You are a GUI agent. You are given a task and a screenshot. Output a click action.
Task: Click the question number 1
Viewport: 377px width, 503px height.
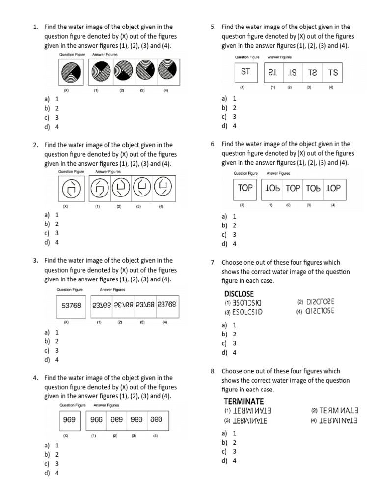35,27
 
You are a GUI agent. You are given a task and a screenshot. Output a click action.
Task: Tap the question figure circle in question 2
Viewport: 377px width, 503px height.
71,189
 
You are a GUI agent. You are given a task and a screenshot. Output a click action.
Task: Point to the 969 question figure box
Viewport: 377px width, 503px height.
69,420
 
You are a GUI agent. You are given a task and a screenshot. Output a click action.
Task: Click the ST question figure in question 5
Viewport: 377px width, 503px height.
246,72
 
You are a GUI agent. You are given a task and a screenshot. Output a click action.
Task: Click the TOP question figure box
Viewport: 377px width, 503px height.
245,188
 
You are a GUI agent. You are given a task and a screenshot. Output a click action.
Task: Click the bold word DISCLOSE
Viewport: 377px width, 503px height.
239,294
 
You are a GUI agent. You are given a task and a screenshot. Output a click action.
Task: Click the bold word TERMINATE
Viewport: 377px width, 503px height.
243,401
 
